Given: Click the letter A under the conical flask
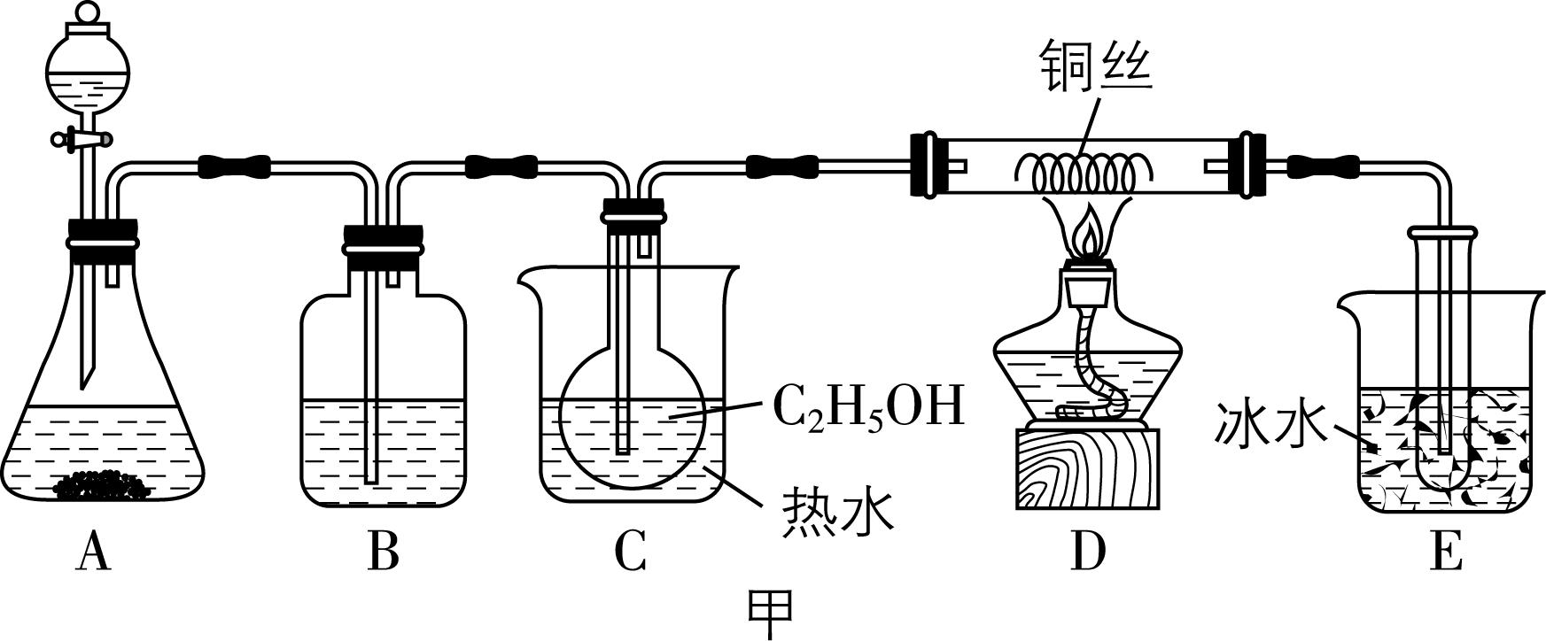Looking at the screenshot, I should pyautogui.click(x=93, y=553).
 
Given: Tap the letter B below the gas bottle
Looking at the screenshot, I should pyautogui.click(x=383, y=553).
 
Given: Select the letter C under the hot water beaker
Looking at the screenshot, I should pyautogui.click(x=630, y=553).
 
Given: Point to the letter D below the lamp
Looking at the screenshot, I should pyautogui.click(x=1088, y=553).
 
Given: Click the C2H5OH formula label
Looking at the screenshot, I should pyautogui.click(x=867, y=408).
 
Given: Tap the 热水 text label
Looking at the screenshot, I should pyautogui.click(x=837, y=512).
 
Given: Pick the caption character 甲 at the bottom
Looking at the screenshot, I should pyautogui.click(x=771, y=613).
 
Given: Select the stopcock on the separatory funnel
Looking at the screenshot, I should pyautogui.click(x=82, y=139).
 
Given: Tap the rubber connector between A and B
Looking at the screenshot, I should pyautogui.click(x=234, y=166).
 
